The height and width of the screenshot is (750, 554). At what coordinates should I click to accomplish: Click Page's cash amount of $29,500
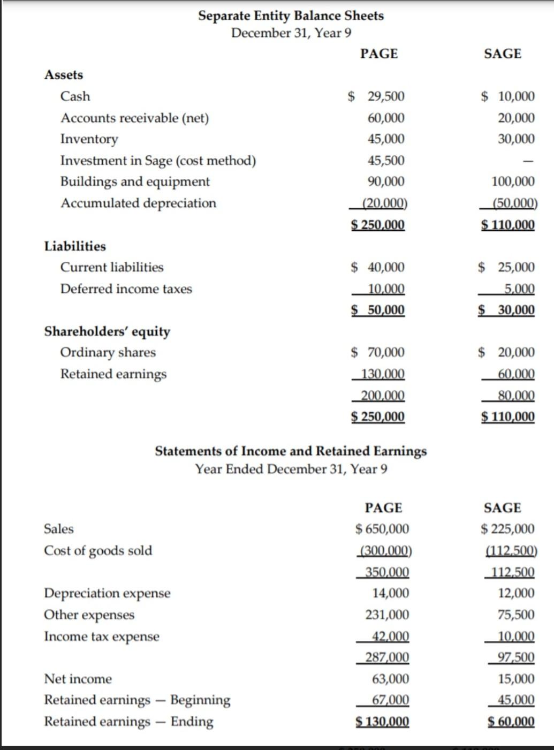[377, 96]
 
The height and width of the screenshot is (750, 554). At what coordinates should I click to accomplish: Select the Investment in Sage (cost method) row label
[158, 161]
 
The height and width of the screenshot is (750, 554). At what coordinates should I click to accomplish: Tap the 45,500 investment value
[386, 161]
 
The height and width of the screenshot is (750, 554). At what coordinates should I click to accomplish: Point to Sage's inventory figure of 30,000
[516, 139]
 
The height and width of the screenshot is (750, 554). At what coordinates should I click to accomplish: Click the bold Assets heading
[64, 75]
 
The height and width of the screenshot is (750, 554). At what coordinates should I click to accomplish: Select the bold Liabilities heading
[75, 246]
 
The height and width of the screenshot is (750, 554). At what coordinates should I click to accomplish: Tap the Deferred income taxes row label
[126, 289]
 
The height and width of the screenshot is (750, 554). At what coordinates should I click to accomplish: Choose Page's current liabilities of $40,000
[378, 267]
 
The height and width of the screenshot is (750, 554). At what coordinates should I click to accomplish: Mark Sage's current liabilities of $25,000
[506, 267]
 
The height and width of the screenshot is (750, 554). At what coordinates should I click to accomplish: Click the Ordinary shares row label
[108, 352]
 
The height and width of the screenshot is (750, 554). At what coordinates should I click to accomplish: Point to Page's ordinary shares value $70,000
[378, 352]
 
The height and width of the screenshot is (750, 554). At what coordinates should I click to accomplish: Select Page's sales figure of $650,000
[382, 529]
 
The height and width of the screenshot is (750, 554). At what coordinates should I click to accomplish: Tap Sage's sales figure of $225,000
[507, 529]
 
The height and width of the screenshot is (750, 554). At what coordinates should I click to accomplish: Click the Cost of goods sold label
[98, 550]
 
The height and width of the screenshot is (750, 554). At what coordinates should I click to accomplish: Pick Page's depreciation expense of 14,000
[391, 593]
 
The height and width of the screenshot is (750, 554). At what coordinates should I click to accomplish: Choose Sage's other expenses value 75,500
[516, 615]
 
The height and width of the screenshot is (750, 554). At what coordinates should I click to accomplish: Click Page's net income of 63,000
[391, 679]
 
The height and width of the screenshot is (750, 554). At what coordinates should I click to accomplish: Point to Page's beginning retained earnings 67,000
[391, 700]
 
